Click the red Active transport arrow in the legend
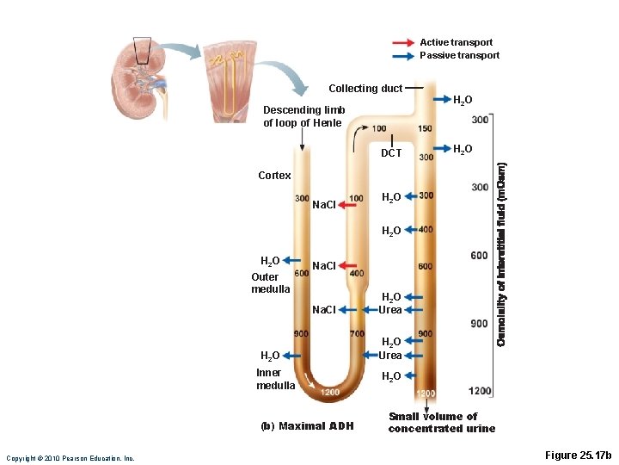click(x=403, y=43)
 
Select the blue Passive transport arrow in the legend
click(x=403, y=56)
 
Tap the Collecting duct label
click(x=365, y=89)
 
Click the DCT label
click(x=391, y=153)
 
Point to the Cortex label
click(x=274, y=176)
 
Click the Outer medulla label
click(x=271, y=283)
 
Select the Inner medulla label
click(x=276, y=379)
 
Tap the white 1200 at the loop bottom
click(x=330, y=393)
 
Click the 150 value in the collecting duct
click(x=426, y=128)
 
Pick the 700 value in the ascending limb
click(x=357, y=334)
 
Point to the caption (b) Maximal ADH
click(x=307, y=426)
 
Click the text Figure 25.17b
click(x=579, y=456)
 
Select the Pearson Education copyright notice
click(x=70, y=459)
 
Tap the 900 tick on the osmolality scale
click(x=479, y=324)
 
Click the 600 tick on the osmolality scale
click(x=479, y=256)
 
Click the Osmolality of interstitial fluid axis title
click(x=501, y=255)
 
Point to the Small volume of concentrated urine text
click(x=442, y=422)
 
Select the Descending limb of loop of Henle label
click(x=303, y=116)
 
